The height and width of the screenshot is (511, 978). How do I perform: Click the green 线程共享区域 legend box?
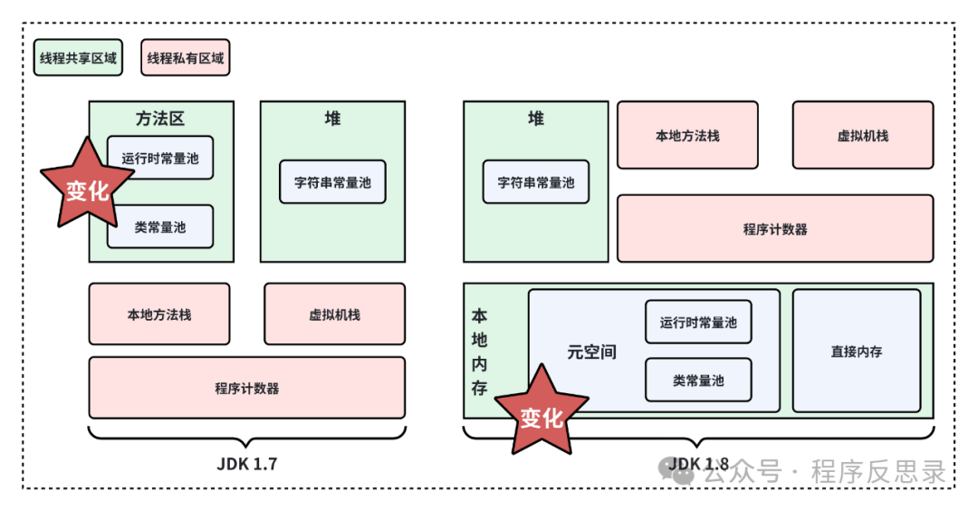click(78, 58)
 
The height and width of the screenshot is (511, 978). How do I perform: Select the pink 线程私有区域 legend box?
click(186, 58)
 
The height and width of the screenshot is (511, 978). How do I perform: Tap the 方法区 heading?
click(160, 119)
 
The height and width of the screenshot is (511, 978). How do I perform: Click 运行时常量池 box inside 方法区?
click(160, 158)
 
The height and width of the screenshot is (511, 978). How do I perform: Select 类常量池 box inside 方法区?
click(160, 227)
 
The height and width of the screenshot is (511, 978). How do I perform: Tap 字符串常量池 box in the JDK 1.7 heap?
click(332, 182)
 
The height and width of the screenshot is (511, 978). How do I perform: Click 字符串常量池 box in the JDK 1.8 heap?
click(536, 182)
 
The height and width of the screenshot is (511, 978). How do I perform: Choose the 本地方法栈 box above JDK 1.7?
click(159, 314)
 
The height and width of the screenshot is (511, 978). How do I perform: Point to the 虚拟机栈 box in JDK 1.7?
click(334, 314)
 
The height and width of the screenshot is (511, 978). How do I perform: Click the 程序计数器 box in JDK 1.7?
click(246, 388)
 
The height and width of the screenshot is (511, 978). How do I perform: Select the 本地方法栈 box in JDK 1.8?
click(687, 136)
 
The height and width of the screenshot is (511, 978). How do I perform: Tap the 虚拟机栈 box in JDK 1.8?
click(862, 136)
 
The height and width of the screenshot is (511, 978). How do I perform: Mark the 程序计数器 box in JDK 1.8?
click(775, 228)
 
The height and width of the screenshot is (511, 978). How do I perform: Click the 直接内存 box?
click(856, 351)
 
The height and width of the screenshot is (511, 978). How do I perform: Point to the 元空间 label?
click(591, 352)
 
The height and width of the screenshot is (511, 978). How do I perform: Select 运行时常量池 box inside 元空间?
click(698, 322)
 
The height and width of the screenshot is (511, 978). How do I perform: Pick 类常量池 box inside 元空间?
click(698, 381)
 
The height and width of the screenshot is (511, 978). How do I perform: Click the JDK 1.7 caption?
click(246, 464)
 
